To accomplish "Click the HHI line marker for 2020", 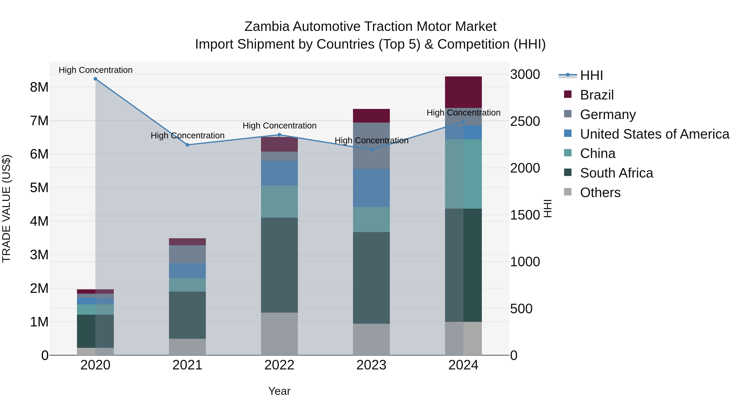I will (95, 79).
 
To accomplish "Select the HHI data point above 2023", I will (371, 150).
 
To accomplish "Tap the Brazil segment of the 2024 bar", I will (463, 92).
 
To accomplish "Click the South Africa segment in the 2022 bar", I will (279, 265).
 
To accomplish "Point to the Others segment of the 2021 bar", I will (187, 347).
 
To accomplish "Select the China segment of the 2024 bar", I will (463, 174).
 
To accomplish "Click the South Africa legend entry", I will (616, 173).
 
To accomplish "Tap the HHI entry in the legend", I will (591, 75).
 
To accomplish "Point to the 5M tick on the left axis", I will (39, 188).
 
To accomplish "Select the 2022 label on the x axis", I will (279, 365).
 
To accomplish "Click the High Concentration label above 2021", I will (187, 135).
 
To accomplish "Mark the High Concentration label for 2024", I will (463, 113).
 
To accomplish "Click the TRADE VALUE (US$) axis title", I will (6, 208).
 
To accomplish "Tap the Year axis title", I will (279, 391).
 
